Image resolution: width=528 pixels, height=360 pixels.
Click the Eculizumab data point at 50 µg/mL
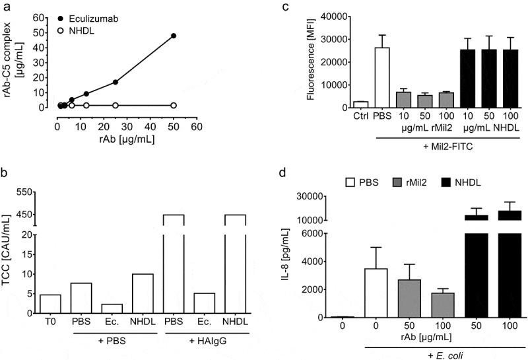click(x=174, y=36)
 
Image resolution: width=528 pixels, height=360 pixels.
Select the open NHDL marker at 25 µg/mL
click(x=115, y=105)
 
